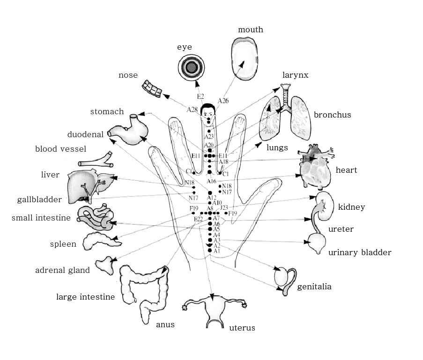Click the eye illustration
[x=191, y=67]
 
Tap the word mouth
[x=251, y=30]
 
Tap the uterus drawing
[x=214, y=311]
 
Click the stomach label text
[x=107, y=112]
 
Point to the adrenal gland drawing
[x=106, y=264]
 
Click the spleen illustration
[x=99, y=241]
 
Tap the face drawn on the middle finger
[x=208, y=114]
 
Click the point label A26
[x=223, y=101]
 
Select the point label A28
[x=192, y=110]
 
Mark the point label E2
[x=200, y=96]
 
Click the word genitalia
[x=314, y=287]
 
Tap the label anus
[x=165, y=325]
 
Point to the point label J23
[x=224, y=207]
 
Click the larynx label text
[x=295, y=75]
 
